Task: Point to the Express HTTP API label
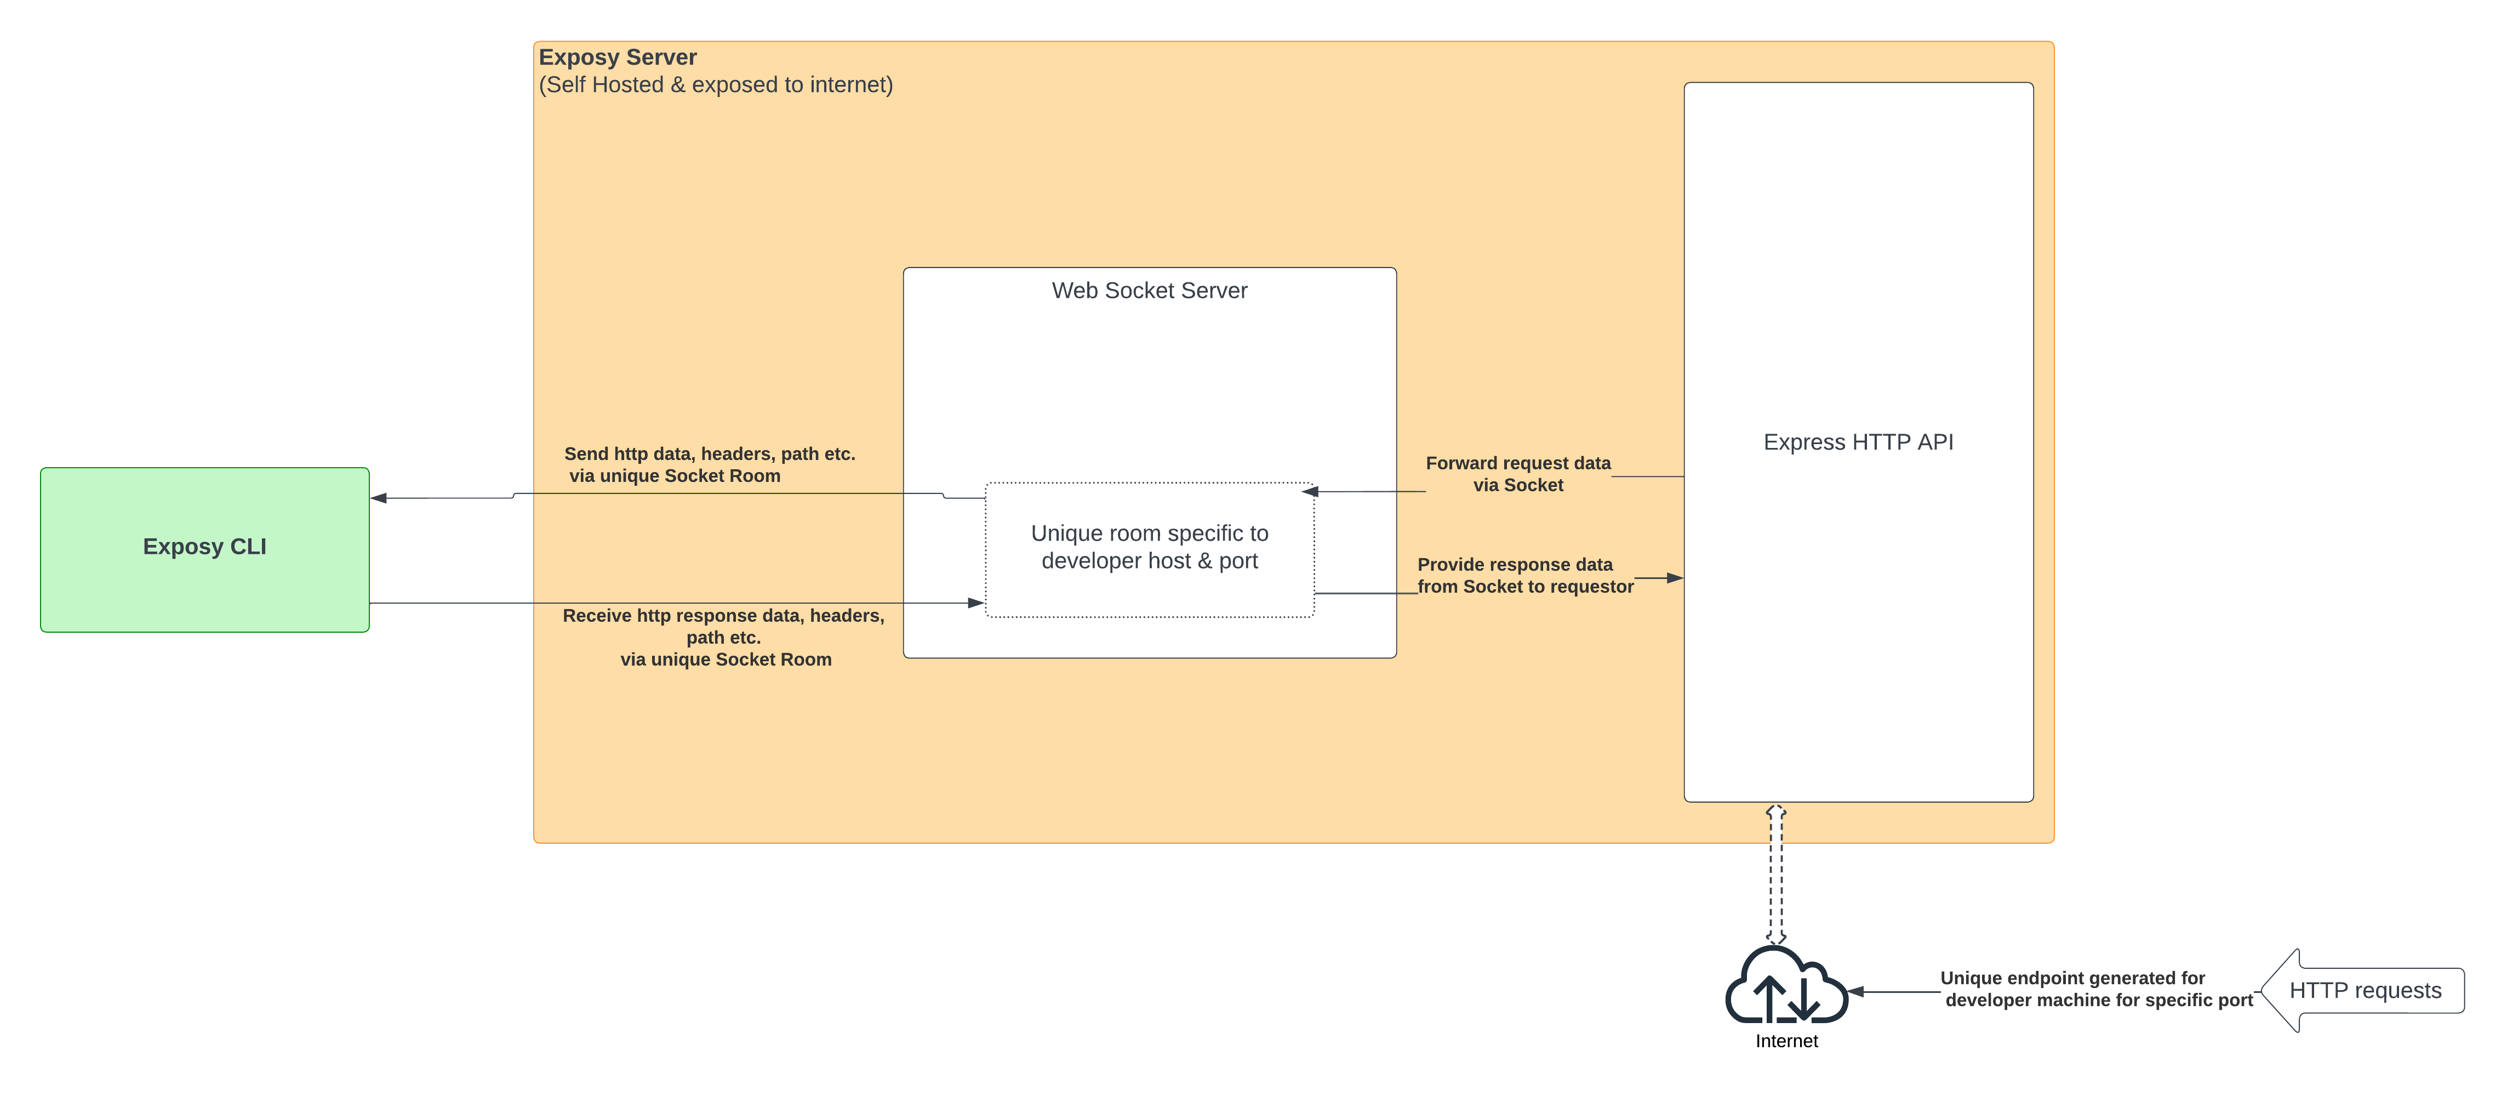(1857, 442)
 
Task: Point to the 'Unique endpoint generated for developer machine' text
(2097, 989)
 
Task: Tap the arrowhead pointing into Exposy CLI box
(379, 498)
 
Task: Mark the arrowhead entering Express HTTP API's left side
(1675, 578)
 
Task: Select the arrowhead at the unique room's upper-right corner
(1310, 492)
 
